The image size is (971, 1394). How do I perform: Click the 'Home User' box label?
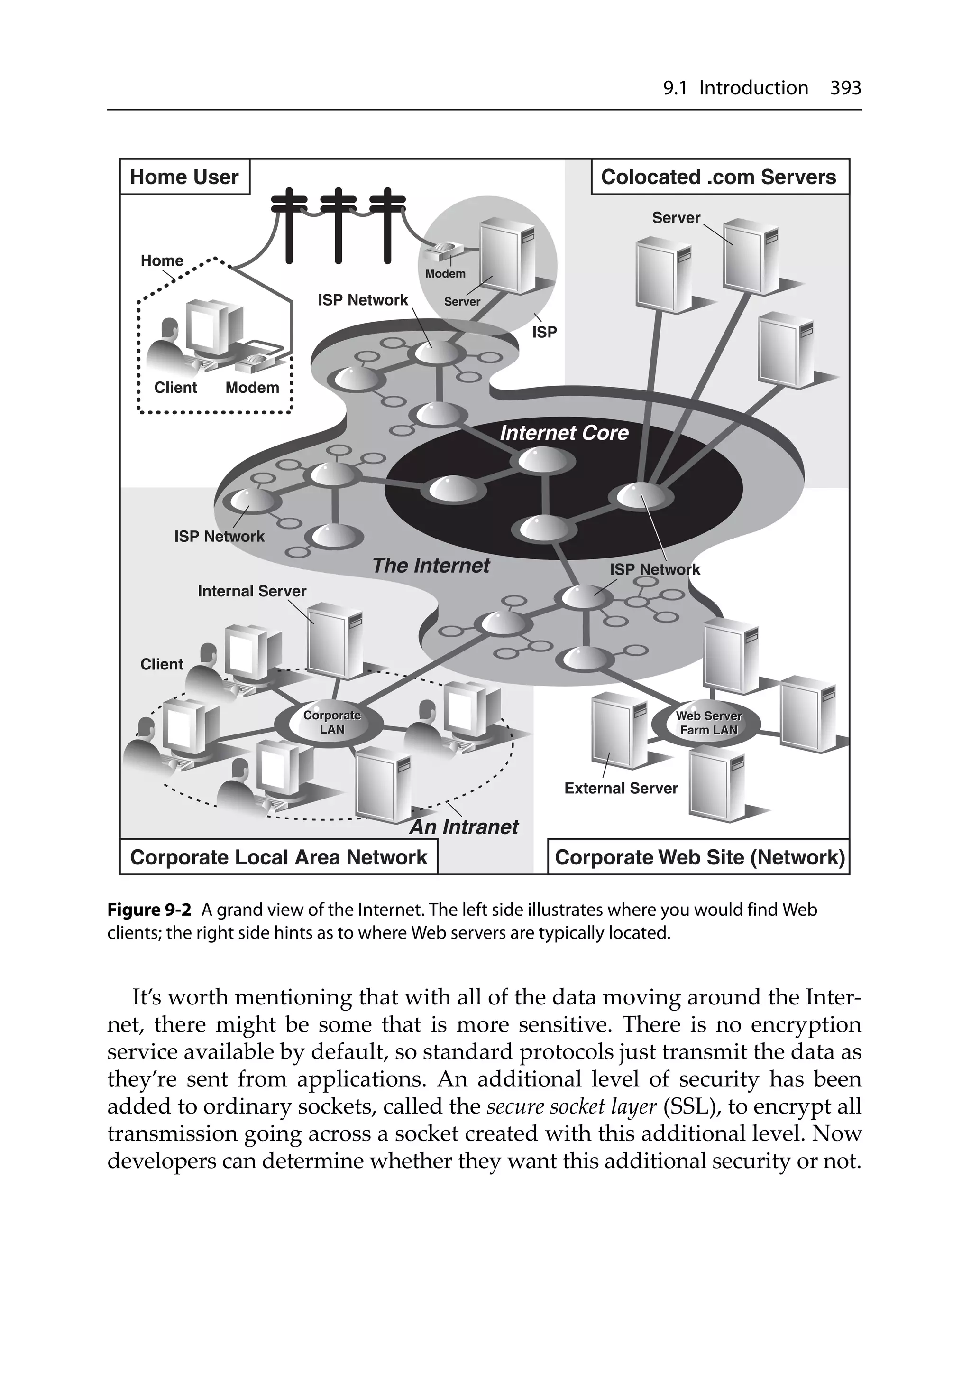[x=184, y=177]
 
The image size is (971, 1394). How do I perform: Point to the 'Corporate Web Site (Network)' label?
[x=699, y=857]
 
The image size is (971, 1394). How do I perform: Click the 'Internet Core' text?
[x=564, y=433]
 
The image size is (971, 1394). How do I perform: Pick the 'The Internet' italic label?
[x=431, y=566]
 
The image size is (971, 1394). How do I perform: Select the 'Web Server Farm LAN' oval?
[x=708, y=723]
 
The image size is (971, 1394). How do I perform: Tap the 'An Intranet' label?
[x=464, y=827]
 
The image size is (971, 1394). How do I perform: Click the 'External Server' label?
[x=620, y=788]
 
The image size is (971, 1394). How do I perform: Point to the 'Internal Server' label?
[x=252, y=591]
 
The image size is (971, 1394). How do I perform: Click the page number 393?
[x=845, y=88]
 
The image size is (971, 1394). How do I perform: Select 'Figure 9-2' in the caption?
[x=149, y=910]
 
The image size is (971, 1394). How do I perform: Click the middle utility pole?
[x=338, y=224]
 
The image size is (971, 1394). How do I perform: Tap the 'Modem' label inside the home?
[x=252, y=387]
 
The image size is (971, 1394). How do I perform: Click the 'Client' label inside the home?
[x=175, y=387]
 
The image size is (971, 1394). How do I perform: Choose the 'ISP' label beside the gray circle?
[x=544, y=332]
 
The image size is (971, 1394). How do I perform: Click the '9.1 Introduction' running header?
[x=735, y=88]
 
